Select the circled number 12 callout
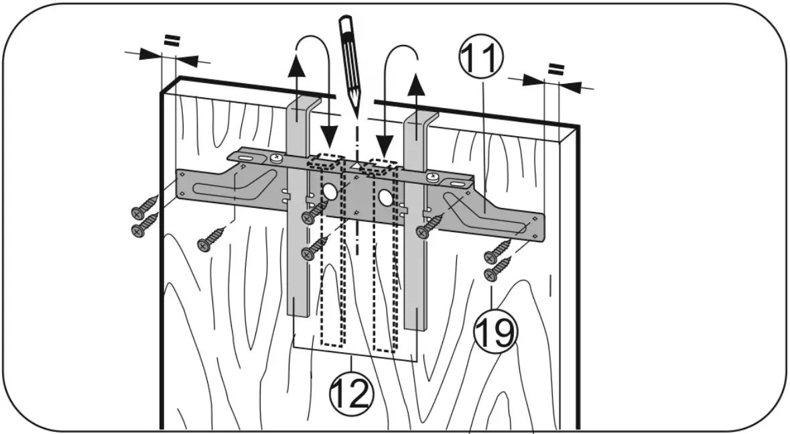(x=350, y=394)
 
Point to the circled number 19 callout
(x=496, y=333)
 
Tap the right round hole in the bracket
(x=385, y=197)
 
